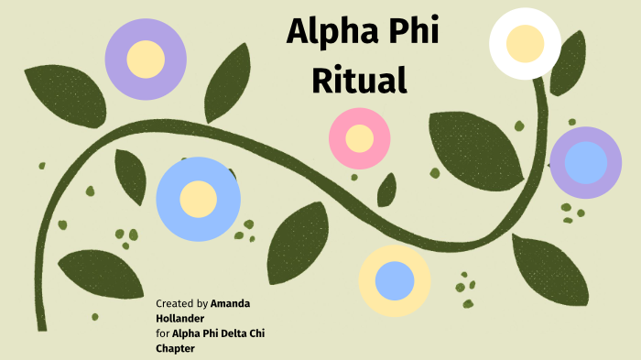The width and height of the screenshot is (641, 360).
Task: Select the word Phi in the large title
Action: pos(414,33)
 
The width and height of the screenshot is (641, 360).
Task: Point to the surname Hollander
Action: pos(181,317)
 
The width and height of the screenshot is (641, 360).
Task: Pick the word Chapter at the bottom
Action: pos(176,347)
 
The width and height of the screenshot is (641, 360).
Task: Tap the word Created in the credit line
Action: pos(174,302)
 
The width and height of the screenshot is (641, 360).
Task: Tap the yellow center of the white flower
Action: pos(526,43)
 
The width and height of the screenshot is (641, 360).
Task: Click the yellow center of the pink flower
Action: pos(360,138)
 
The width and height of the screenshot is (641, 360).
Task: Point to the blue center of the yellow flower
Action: pos(395,280)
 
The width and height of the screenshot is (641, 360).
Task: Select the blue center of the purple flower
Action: pos(585,163)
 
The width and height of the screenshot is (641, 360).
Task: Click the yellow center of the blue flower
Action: pos(198,199)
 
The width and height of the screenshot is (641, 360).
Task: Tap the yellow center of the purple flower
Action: pos(146,59)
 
